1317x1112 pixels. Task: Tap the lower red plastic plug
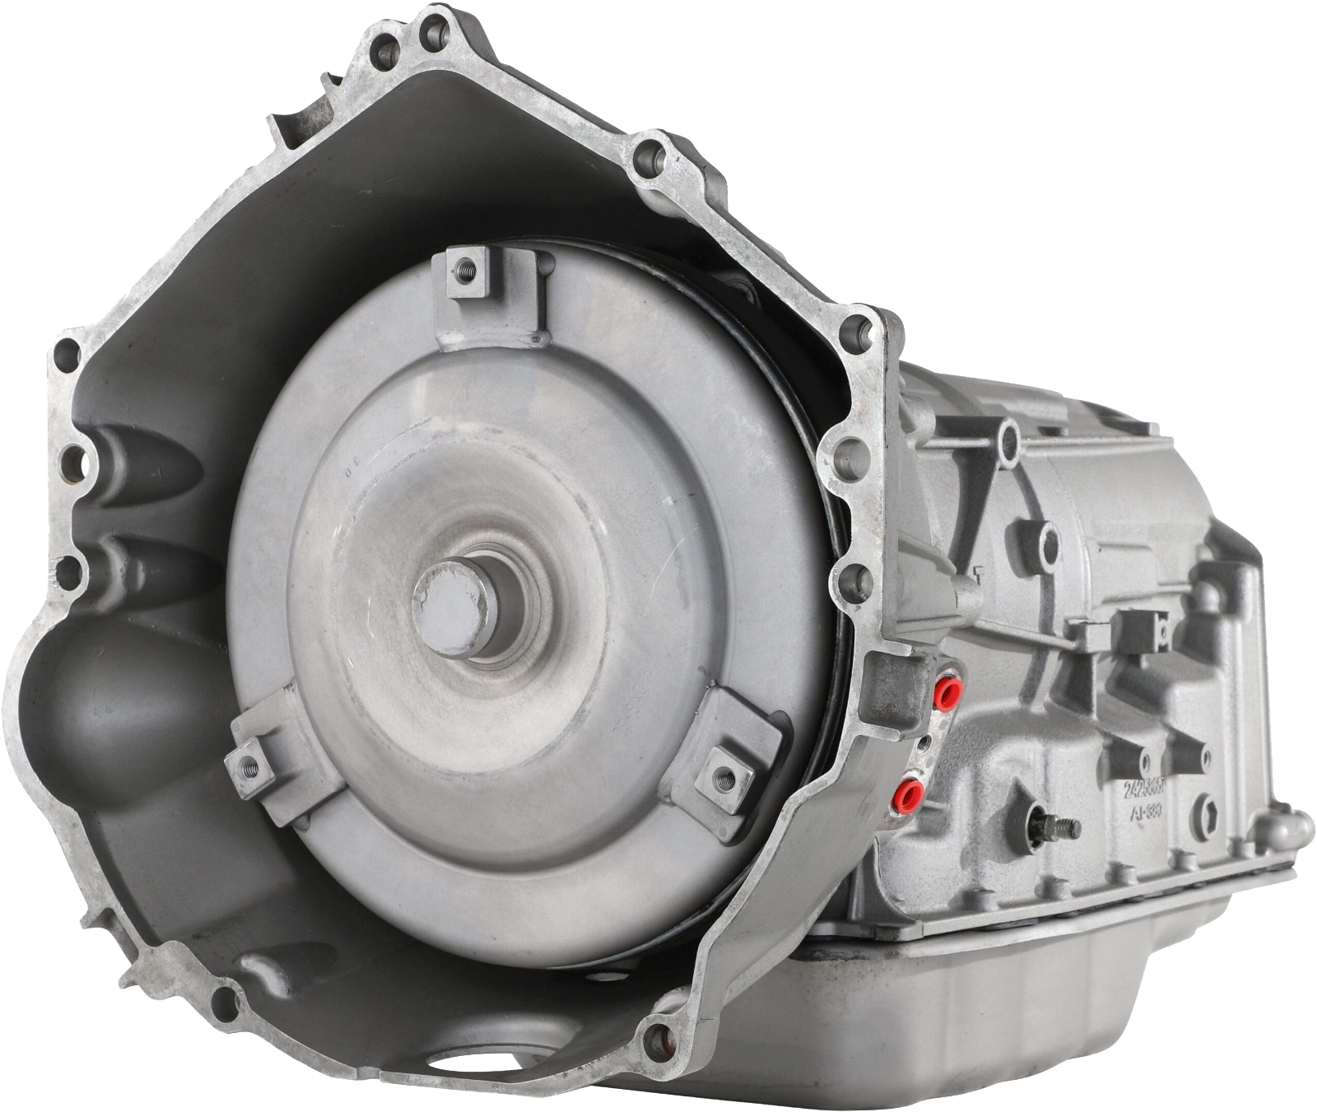pyautogui.click(x=910, y=793)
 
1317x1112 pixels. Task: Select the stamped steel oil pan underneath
pyautogui.click(x=988, y=1004)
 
